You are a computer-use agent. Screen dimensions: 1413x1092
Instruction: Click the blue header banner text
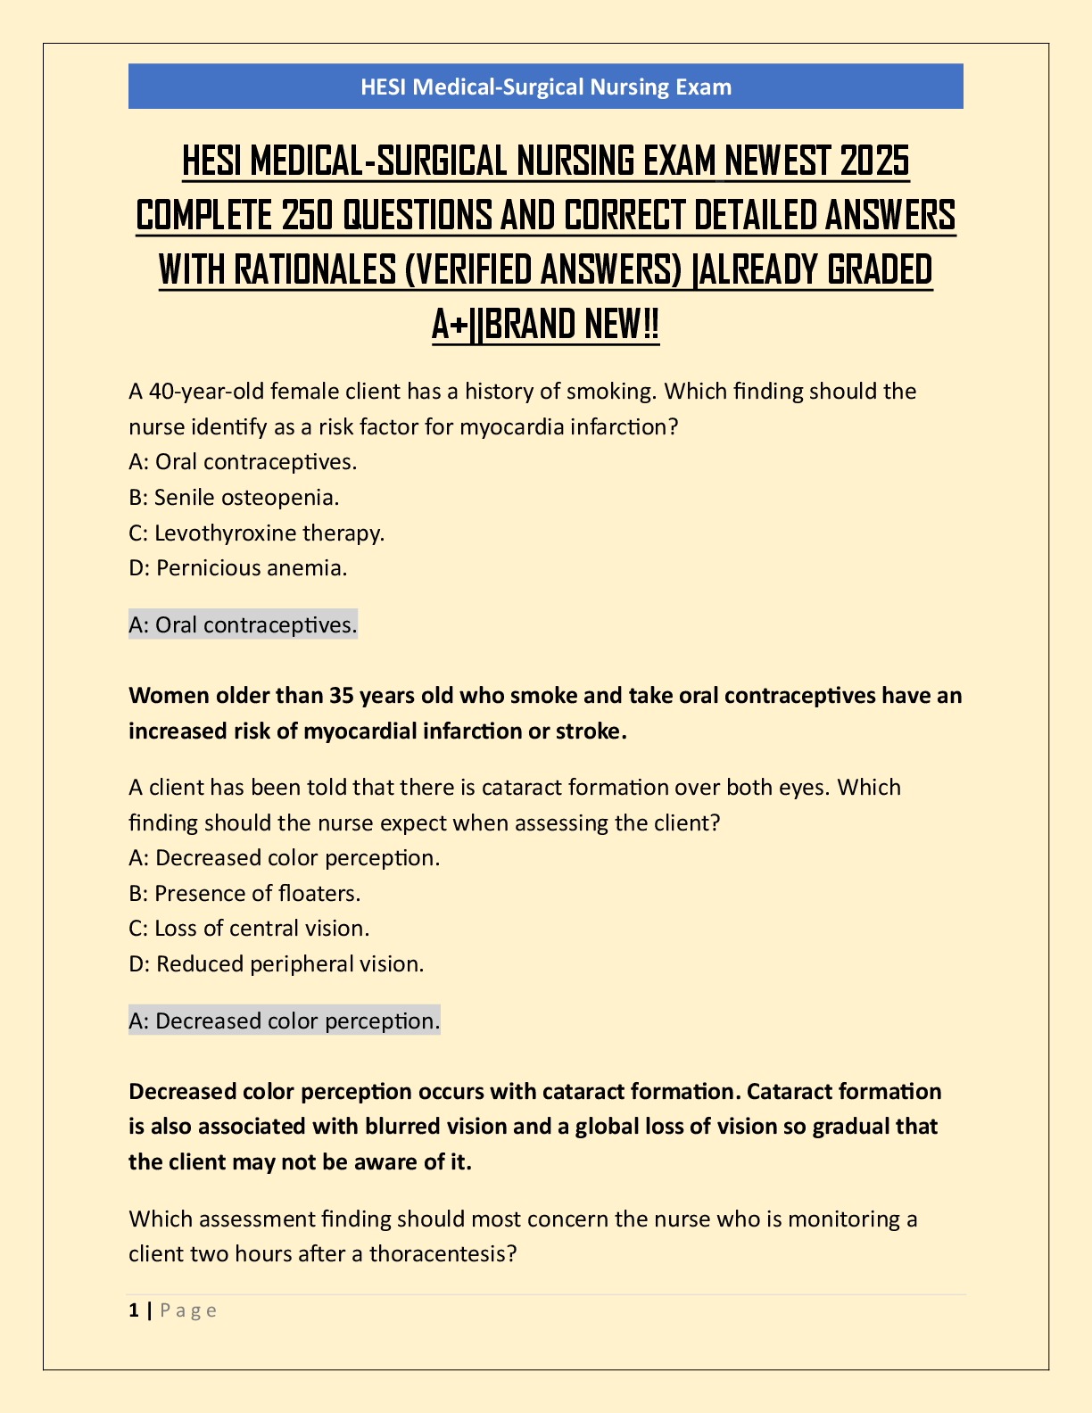pyautogui.click(x=546, y=87)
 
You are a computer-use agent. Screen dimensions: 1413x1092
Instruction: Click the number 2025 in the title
pyautogui.click(x=875, y=161)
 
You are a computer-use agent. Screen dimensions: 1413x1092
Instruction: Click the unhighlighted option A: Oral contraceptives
pyautogui.click(x=243, y=461)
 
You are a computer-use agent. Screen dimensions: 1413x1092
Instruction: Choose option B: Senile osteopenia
pyautogui.click(x=234, y=497)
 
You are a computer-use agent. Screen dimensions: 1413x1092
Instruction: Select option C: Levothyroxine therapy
pyautogui.click(x=256, y=533)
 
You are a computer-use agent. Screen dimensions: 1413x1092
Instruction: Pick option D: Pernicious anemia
pyautogui.click(x=238, y=567)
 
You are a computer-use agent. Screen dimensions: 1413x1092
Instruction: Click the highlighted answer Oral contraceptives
pyautogui.click(x=243, y=624)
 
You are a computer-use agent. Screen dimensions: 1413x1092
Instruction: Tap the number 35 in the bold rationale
pyautogui.click(x=342, y=695)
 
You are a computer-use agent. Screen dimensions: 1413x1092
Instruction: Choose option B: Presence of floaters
pyautogui.click(x=244, y=893)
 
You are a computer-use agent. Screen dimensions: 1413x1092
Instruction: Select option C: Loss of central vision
pyautogui.click(x=249, y=928)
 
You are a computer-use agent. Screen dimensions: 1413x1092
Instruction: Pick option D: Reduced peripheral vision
pyautogui.click(x=277, y=963)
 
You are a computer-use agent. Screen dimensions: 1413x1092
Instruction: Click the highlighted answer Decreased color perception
pyautogui.click(x=285, y=1020)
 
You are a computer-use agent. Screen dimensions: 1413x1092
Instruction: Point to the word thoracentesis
pyautogui.click(x=443, y=1253)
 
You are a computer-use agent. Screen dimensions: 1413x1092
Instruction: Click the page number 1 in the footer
pyautogui.click(x=134, y=1310)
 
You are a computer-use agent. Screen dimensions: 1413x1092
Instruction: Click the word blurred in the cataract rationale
pyautogui.click(x=403, y=1127)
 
